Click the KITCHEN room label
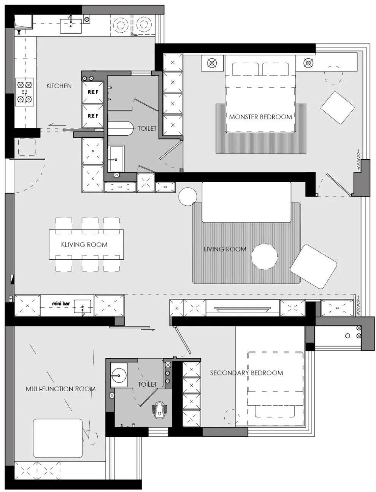[x=59, y=86]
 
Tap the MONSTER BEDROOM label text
[x=260, y=117]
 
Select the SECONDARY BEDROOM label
[x=246, y=373]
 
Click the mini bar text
[x=61, y=303]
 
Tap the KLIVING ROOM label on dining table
[x=84, y=244]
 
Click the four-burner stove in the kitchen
[x=25, y=92]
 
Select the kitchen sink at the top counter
[x=71, y=26]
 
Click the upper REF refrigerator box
[x=93, y=92]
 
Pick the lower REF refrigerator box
[x=93, y=116]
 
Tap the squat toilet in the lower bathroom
[x=160, y=411]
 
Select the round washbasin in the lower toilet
[x=119, y=375]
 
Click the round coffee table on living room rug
[x=264, y=257]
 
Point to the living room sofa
[x=246, y=202]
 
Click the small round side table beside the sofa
[x=188, y=196]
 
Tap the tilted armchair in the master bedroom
[x=338, y=107]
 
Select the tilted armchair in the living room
[x=313, y=267]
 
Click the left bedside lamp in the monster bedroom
[x=212, y=63]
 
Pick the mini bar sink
[x=82, y=306]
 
